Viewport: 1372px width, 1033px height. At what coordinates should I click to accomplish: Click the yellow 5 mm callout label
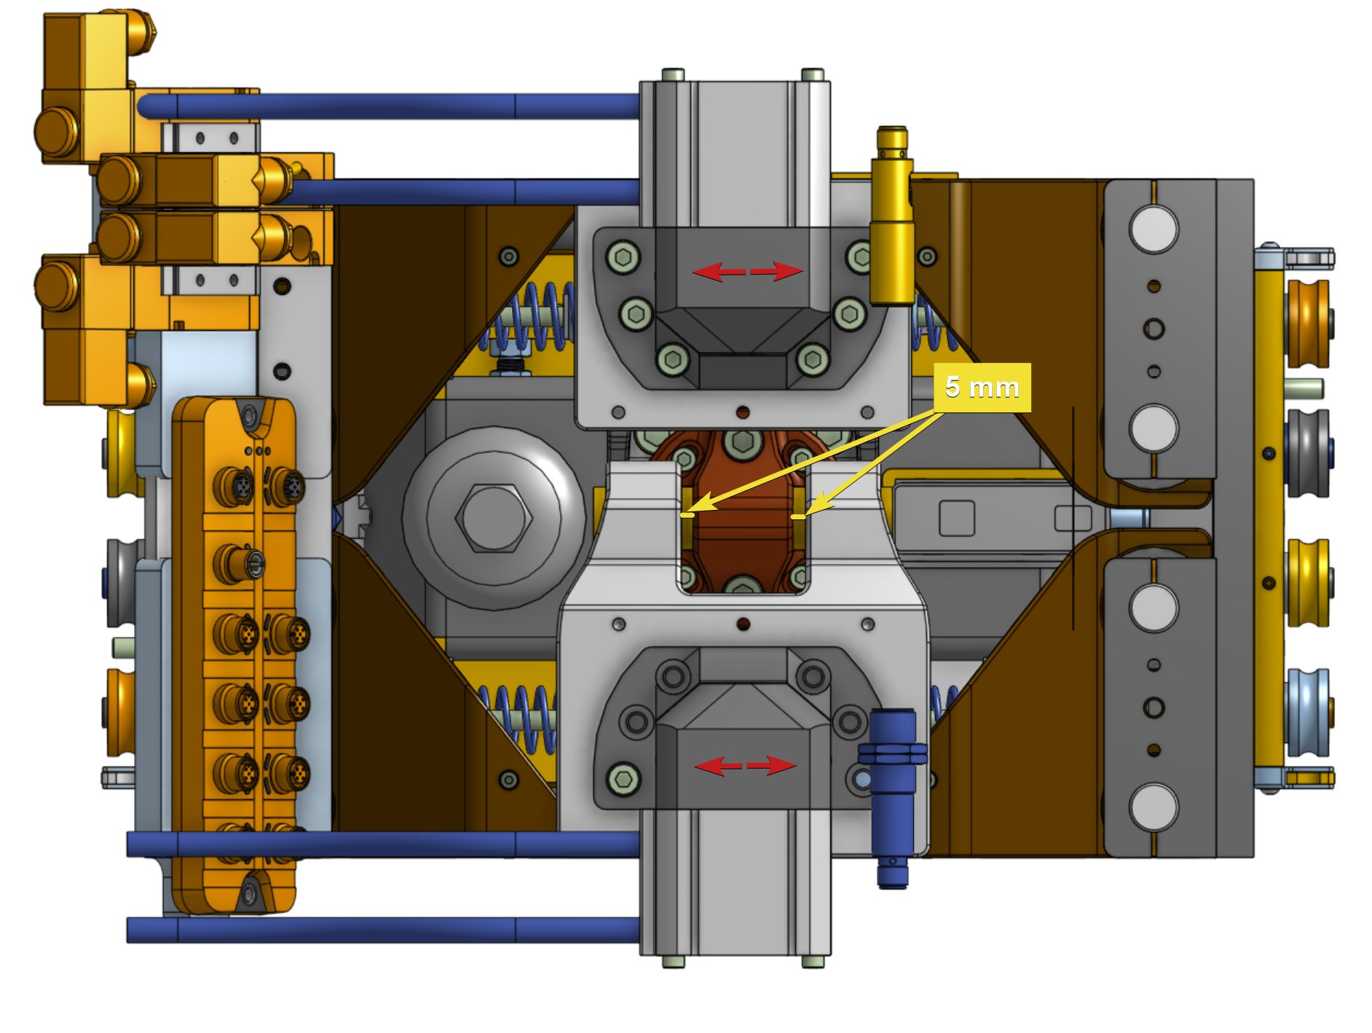(981, 388)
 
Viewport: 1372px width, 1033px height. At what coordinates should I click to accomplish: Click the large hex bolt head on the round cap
(493, 518)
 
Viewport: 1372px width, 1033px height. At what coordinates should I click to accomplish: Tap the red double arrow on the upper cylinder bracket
(747, 272)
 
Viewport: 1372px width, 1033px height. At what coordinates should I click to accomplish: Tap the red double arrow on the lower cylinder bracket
(746, 766)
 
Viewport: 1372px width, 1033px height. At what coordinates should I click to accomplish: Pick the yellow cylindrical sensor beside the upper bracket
(892, 219)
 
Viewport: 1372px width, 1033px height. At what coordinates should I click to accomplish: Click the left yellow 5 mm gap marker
(687, 514)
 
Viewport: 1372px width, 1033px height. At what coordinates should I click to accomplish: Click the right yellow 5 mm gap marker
(798, 516)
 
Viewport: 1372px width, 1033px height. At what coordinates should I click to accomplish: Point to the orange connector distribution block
(234, 656)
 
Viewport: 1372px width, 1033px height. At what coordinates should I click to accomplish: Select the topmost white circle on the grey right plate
(1153, 228)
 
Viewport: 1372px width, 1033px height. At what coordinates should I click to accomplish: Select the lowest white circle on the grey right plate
(1153, 806)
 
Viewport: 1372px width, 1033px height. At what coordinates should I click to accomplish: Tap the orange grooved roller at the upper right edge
(1308, 323)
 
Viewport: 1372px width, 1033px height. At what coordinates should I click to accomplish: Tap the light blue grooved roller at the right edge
(1308, 712)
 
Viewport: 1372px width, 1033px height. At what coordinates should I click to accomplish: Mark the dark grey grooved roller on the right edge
(1308, 452)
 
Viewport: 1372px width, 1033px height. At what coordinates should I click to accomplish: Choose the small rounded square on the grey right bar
(956, 518)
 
